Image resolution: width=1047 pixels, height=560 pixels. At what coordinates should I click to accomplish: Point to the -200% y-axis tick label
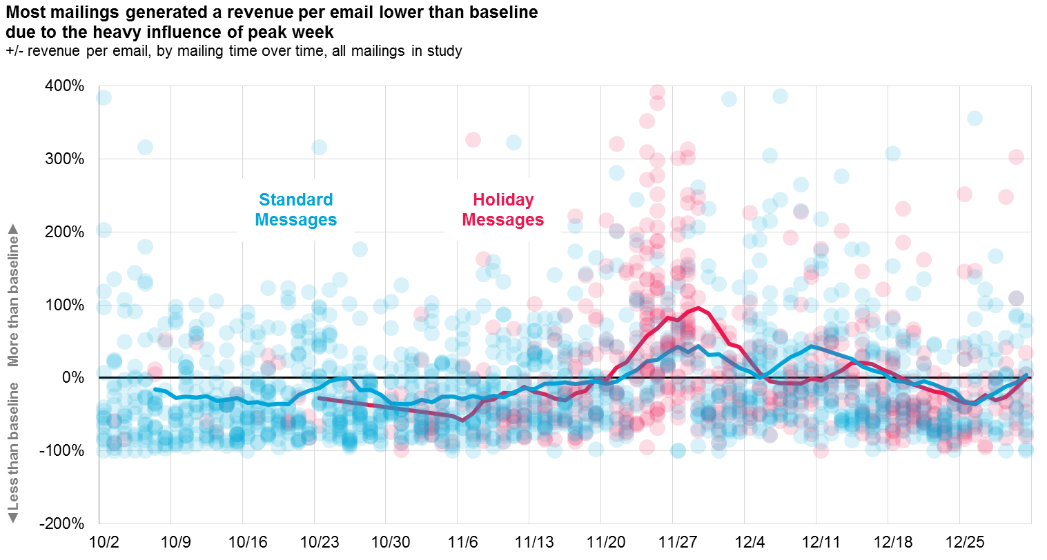[64, 523]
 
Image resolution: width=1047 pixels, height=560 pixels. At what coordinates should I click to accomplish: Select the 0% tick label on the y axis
[72, 378]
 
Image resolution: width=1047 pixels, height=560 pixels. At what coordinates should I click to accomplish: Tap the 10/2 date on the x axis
[104, 541]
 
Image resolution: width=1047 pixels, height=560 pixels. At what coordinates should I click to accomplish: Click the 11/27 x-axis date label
[678, 541]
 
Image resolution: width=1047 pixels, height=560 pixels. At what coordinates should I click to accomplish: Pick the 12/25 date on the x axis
[964, 541]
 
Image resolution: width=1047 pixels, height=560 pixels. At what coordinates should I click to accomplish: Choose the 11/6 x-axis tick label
[462, 541]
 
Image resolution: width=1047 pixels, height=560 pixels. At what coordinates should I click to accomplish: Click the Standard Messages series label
[295, 210]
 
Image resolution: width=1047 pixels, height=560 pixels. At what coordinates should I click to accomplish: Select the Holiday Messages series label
[502, 210]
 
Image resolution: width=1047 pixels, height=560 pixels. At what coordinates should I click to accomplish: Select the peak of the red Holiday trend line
[698, 308]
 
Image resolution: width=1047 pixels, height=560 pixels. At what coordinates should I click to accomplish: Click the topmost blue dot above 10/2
[104, 97]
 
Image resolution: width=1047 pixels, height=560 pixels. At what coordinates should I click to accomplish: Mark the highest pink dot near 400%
[657, 92]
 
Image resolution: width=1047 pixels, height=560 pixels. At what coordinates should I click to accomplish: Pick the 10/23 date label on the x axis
[320, 541]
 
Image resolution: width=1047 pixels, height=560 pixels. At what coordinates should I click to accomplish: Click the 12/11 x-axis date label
[821, 541]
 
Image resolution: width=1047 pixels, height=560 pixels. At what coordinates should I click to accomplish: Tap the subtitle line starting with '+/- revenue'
[233, 51]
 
